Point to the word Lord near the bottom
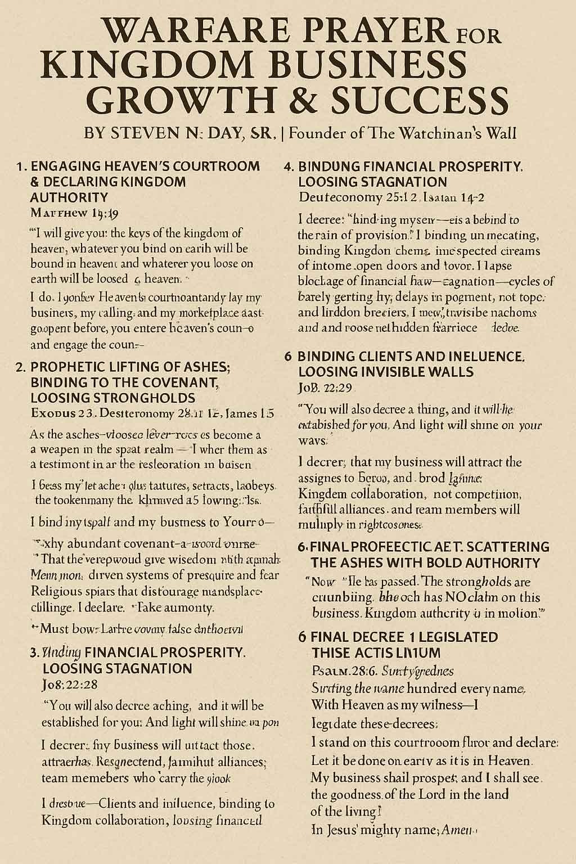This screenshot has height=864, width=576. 415,794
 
